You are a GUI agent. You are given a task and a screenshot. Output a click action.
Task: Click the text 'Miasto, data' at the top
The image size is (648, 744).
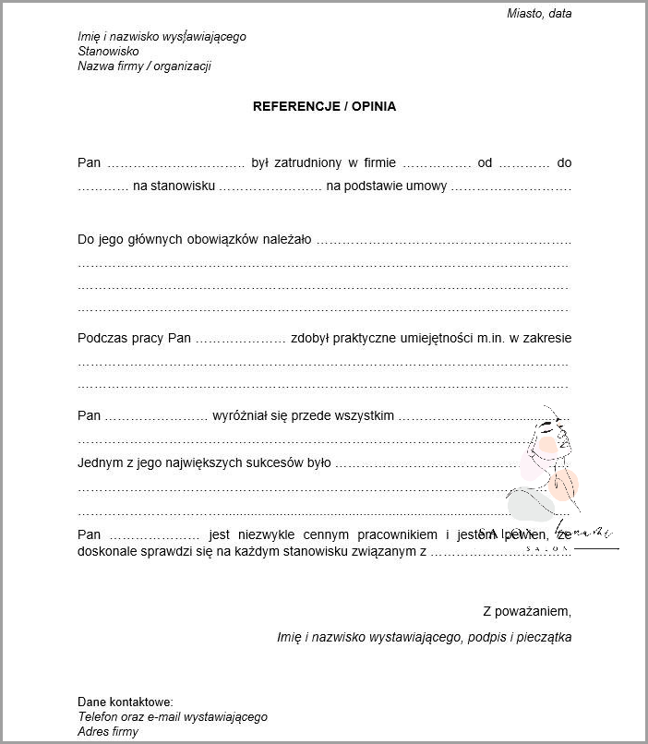[x=539, y=13]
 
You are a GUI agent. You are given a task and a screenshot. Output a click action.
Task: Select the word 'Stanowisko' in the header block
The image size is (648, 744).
[x=108, y=52]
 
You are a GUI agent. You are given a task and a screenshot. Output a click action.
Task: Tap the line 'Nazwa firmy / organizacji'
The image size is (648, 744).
[x=144, y=66]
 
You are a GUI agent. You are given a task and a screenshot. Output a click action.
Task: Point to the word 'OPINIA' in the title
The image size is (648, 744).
[x=374, y=106]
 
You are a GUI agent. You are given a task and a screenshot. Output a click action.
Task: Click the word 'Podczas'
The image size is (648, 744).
[x=101, y=338]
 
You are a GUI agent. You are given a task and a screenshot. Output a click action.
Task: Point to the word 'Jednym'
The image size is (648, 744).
[x=100, y=463]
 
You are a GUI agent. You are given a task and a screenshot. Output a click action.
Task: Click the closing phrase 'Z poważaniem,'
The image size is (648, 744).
[x=527, y=611]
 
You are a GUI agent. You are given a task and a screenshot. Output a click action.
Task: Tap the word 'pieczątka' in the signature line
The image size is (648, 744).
[x=543, y=637]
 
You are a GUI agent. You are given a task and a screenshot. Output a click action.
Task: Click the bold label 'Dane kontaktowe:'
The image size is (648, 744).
[x=126, y=702]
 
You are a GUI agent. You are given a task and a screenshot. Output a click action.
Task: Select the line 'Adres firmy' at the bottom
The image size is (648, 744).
[x=108, y=732]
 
